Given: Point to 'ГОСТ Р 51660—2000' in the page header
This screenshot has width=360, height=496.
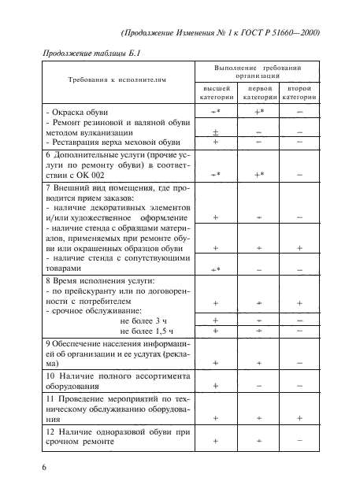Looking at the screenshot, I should (x=278, y=31).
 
